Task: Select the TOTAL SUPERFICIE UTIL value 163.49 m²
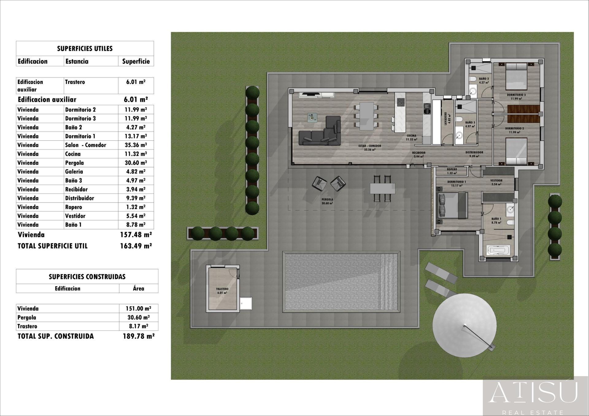(x=136, y=246)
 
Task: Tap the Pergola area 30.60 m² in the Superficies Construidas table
(x=138, y=318)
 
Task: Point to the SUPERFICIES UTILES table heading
(x=85, y=48)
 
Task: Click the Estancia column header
(x=77, y=61)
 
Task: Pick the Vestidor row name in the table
(x=75, y=216)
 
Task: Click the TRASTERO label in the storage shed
(x=222, y=289)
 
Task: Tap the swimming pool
(x=341, y=282)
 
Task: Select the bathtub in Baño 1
(x=498, y=250)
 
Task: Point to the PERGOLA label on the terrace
(x=327, y=200)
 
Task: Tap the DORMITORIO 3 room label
(x=516, y=95)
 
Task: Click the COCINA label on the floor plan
(x=411, y=136)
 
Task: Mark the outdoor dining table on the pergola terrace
(x=383, y=188)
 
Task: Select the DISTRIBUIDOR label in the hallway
(x=474, y=152)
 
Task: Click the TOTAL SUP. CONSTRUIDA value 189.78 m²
(x=138, y=336)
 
